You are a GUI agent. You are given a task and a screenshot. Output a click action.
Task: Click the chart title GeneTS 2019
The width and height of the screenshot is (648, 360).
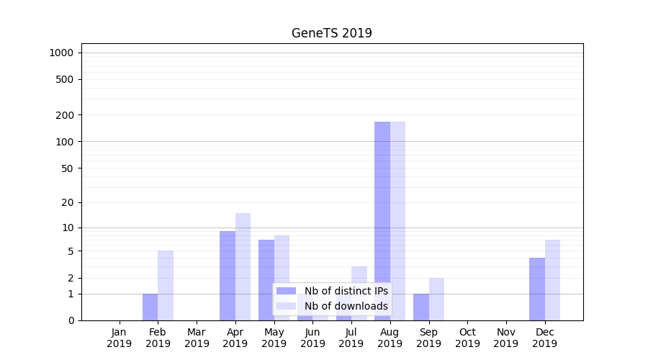(331, 33)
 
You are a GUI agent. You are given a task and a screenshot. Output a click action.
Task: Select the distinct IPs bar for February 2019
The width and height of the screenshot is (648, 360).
(150, 307)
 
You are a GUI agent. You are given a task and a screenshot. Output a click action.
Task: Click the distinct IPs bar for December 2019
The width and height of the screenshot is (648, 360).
(537, 289)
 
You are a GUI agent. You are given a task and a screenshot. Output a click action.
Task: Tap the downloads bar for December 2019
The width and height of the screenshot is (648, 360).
(552, 280)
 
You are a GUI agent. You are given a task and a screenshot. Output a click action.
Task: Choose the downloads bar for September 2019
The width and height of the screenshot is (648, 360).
(436, 299)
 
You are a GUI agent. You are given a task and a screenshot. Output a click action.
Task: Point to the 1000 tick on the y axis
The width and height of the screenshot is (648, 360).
(61, 53)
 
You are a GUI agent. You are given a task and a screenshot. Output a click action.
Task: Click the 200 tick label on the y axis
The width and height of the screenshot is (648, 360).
(65, 115)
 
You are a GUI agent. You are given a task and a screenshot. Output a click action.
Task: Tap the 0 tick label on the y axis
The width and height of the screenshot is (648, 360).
(71, 320)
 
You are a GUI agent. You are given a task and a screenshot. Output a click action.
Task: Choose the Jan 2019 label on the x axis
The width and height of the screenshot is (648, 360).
(120, 338)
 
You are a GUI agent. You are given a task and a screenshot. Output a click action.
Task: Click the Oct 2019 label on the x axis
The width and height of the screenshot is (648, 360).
(467, 338)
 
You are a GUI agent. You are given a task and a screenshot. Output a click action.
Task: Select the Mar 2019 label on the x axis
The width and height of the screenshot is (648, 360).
(197, 338)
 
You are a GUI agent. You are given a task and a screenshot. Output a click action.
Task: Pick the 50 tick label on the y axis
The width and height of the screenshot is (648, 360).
(68, 168)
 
